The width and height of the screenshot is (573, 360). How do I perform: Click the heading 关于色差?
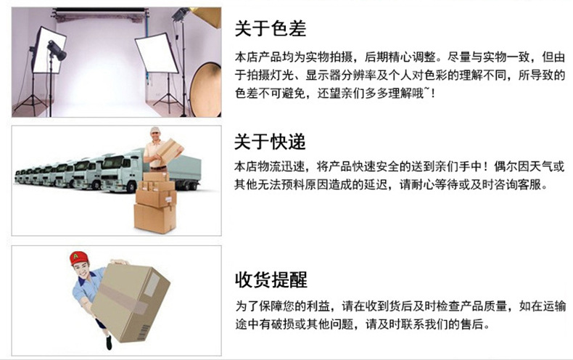(270, 28)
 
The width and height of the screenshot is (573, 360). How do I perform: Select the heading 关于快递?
(270, 142)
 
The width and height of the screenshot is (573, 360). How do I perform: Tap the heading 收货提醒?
(271, 280)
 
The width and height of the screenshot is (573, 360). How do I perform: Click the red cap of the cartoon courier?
(78, 258)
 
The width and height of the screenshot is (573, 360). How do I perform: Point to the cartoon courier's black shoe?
(109, 343)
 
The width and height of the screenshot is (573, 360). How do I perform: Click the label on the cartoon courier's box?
(152, 285)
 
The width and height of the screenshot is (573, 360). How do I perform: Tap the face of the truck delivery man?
(155, 136)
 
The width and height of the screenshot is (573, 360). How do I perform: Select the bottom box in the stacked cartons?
(155, 218)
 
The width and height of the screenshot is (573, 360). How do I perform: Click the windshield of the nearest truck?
(112, 162)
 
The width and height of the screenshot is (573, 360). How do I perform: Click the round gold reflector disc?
(205, 89)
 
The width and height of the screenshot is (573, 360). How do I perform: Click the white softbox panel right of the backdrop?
(156, 54)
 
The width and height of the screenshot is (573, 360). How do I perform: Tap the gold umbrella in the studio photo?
(207, 17)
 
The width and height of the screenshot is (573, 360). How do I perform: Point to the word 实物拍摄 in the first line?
(329, 57)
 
